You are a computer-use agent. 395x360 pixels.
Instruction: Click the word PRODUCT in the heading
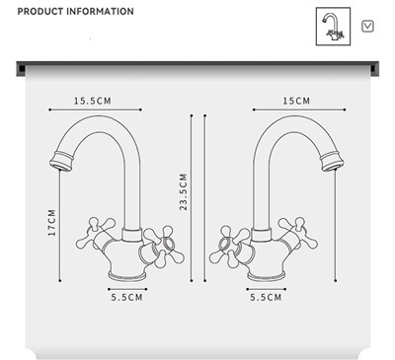(x=39, y=12)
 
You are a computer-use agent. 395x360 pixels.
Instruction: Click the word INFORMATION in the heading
(x=100, y=12)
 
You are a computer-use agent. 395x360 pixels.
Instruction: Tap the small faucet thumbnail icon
(x=333, y=27)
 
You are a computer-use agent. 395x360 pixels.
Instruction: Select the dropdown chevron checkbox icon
(x=367, y=27)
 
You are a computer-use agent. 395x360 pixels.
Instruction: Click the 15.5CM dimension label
(x=93, y=101)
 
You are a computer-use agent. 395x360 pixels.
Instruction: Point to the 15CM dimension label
(x=296, y=101)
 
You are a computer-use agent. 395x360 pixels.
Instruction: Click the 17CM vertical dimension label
(x=52, y=223)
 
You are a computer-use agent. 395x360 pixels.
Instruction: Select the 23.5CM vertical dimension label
(x=183, y=192)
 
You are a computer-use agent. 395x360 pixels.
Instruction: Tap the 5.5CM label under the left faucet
(x=126, y=297)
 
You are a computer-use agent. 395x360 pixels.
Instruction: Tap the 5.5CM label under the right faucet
(x=266, y=297)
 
